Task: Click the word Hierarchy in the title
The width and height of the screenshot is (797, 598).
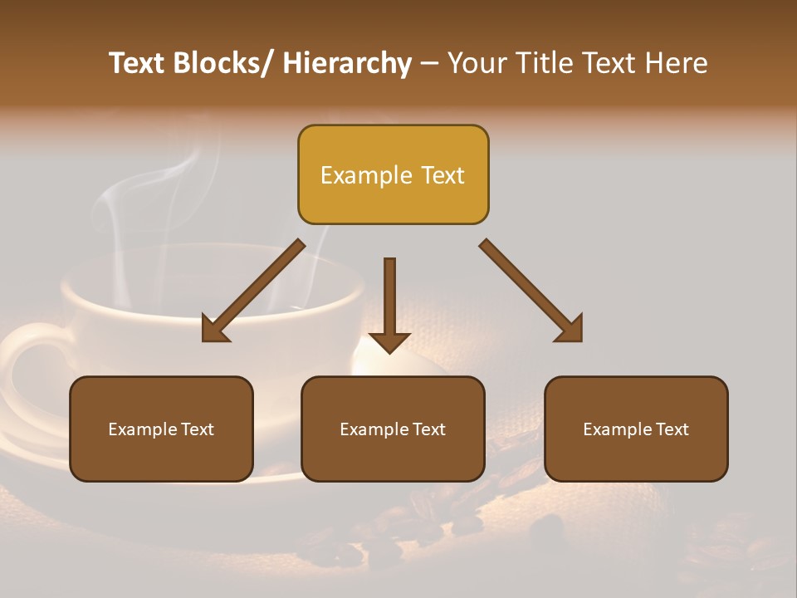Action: (347, 63)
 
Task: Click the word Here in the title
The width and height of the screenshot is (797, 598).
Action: (677, 63)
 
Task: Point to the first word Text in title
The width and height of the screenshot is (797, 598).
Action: (139, 63)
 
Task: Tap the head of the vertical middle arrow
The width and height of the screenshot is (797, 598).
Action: (389, 341)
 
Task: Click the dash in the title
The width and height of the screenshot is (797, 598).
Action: (429, 64)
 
